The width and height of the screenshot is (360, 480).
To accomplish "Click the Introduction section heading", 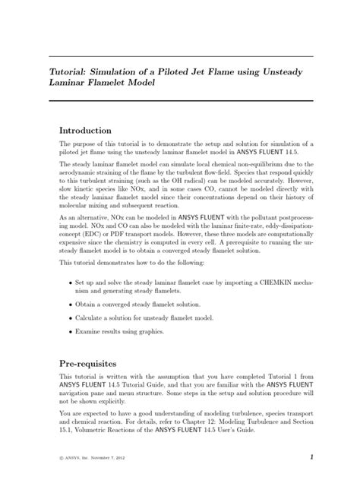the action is click(x=86, y=130).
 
